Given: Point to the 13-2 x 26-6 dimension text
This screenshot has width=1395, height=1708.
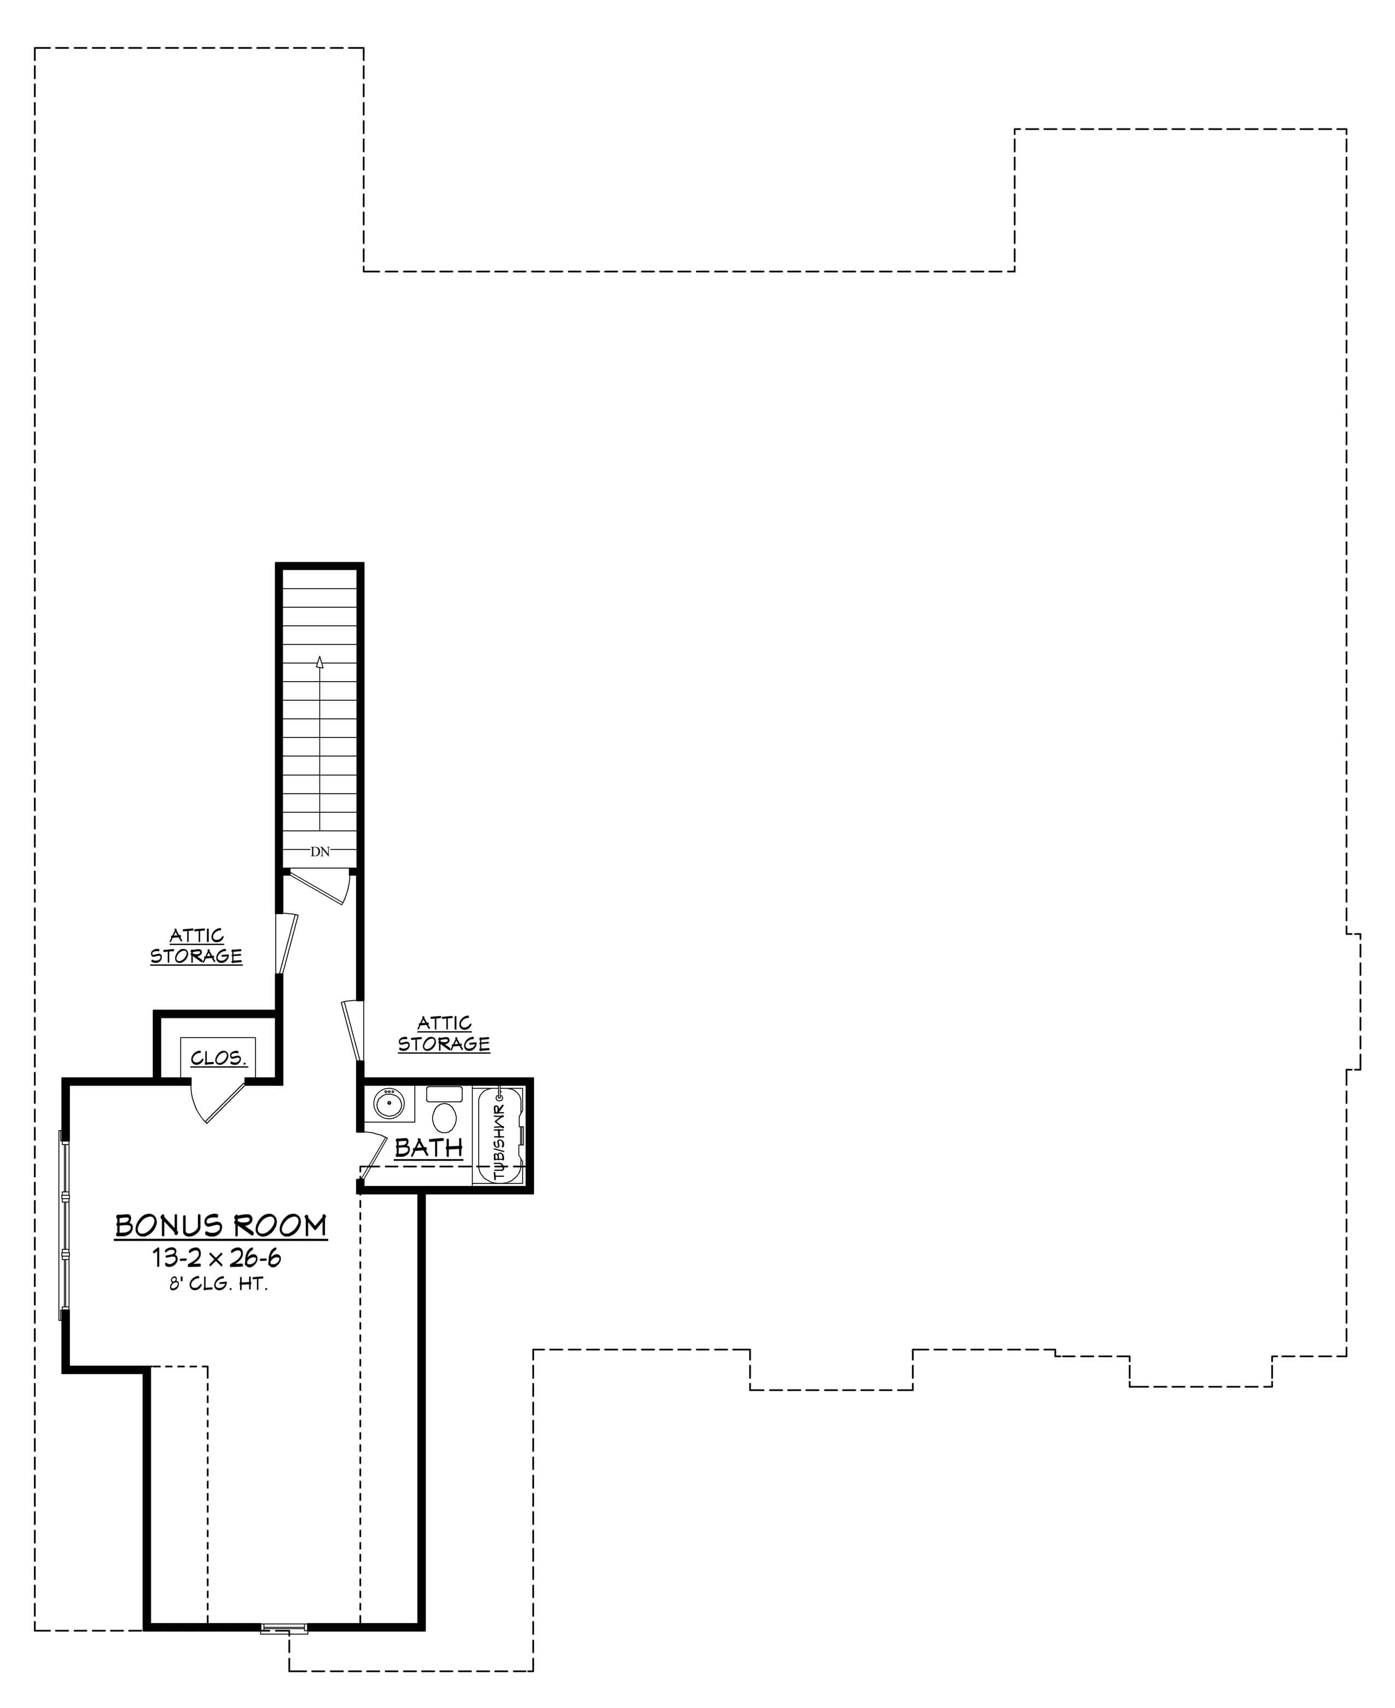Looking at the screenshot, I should pos(217,1257).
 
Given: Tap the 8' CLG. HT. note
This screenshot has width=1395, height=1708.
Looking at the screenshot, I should pos(218,1284).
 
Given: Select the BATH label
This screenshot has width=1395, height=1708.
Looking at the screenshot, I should pos(429,1148).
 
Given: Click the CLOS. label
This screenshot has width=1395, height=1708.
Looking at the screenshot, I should pos(218,1058).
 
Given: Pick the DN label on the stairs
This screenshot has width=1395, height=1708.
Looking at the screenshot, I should pos(320,852).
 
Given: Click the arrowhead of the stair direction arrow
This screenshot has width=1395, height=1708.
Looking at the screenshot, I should pos(320,662).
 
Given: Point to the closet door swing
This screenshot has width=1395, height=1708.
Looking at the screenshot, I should pos(217,1101).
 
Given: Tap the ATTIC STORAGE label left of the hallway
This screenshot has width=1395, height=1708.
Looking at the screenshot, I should pos(196,945).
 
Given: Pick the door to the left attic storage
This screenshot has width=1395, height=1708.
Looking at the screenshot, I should pos(286,943).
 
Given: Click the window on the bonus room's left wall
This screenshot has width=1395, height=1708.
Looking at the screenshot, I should pos(65,1224).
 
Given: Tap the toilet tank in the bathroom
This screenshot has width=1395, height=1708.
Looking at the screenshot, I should pos(444,1094).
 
